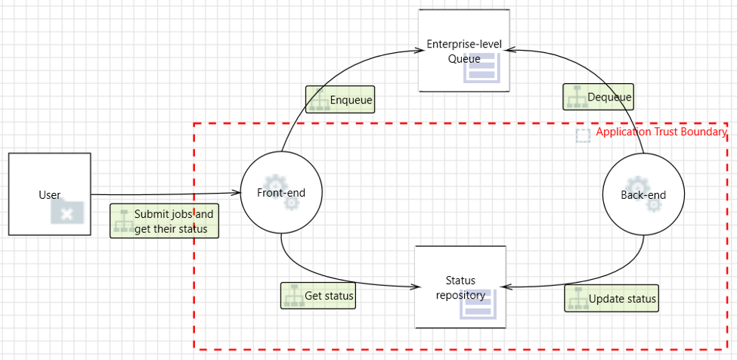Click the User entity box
(x=50, y=194)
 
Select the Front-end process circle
(x=281, y=193)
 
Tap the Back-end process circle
(x=643, y=194)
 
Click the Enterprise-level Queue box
(x=464, y=50)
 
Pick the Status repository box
(x=460, y=287)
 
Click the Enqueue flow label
(x=340, y=99)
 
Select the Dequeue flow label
(x=599, y=97)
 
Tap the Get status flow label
(x=318, y=296)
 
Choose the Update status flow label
(x=612, y=298)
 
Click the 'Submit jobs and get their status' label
(x=165, y=221)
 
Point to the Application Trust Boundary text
(x=661, y=132)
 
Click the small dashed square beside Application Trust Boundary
(x=584, y=135)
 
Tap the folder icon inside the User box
(x=67, y=211)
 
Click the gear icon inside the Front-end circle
(x=281, y=192)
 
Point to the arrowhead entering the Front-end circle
(x=237, y=193)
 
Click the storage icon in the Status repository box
(x=478, y=303)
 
